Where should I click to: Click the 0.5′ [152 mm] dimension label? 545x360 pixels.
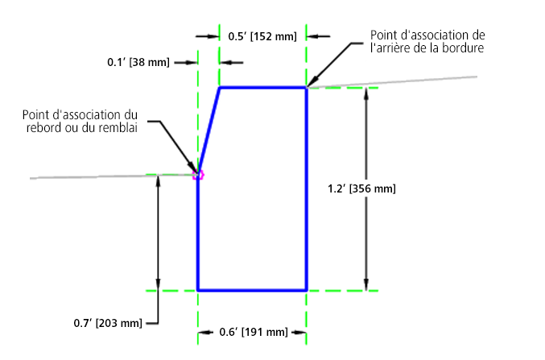click(x=262, y=36)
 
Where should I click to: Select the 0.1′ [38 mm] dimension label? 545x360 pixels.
click(x=138, y=62)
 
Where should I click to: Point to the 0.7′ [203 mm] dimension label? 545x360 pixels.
click(x=108, y=323)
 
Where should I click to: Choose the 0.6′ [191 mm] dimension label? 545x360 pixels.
click(x=253, y=332)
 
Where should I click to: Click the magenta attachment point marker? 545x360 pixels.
click(x=198, y=174)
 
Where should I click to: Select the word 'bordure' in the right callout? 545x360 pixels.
click(x=460, y=48)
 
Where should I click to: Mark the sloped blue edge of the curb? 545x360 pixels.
click(x=209, y=129)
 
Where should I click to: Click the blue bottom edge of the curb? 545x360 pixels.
click(x=252, y=289)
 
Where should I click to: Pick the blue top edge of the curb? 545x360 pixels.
click(x=263, y=87)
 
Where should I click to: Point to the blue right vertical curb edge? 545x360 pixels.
click(x=307, y=188)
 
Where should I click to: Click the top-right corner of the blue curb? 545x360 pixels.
click(x=307, y=87)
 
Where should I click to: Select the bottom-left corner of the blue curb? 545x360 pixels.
click(x=198, y=289)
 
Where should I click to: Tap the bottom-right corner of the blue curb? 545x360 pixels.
click(x=307, y=289)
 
